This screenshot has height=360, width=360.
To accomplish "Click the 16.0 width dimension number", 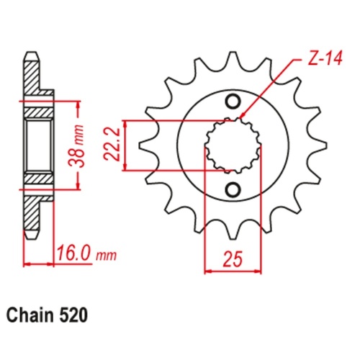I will coord(74,255).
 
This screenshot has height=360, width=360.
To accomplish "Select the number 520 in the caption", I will coord(76,315).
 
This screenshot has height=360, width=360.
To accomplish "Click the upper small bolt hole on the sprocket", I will coord(233,100).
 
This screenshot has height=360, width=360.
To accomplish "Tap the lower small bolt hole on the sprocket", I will coord(233,189).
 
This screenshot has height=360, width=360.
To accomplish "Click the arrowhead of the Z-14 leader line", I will coord(241,117).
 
